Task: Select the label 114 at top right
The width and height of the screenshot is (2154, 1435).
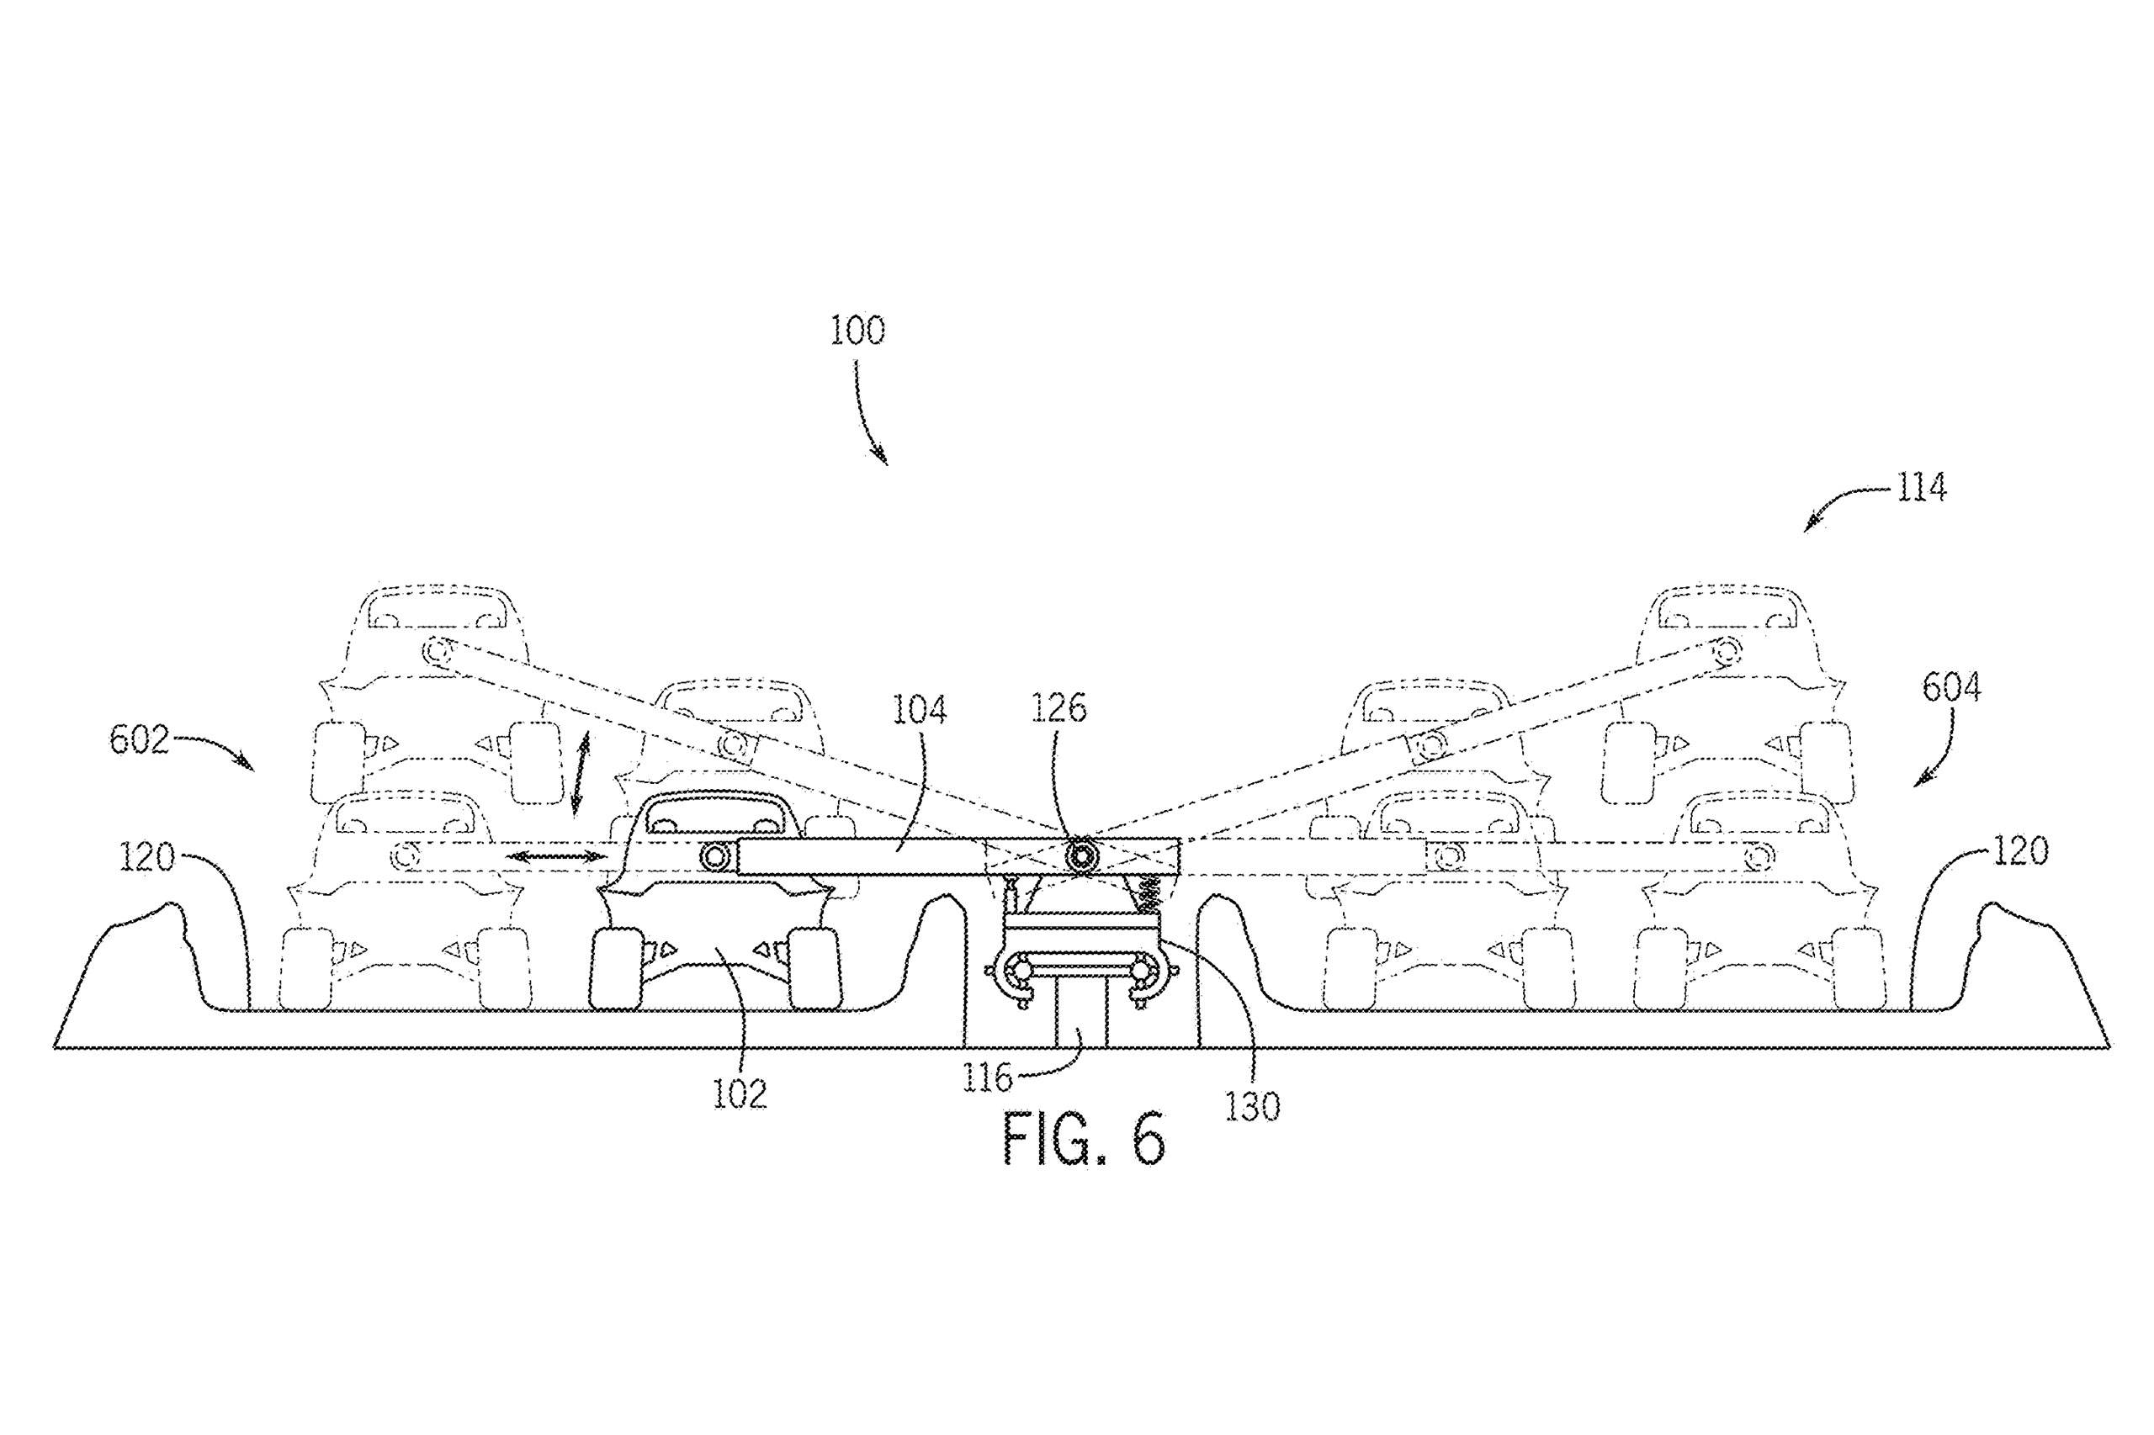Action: coord(1919,489)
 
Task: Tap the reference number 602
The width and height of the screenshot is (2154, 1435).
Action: coord(139,739)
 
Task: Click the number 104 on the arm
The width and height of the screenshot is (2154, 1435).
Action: coord(920,710)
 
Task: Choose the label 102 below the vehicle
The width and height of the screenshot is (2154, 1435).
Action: coord(740,1094)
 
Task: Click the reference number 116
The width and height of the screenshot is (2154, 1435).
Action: coord(989,1079)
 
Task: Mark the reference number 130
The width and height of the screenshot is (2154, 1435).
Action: coord(1252,1107)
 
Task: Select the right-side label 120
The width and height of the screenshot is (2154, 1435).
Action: coord(2019,851)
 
